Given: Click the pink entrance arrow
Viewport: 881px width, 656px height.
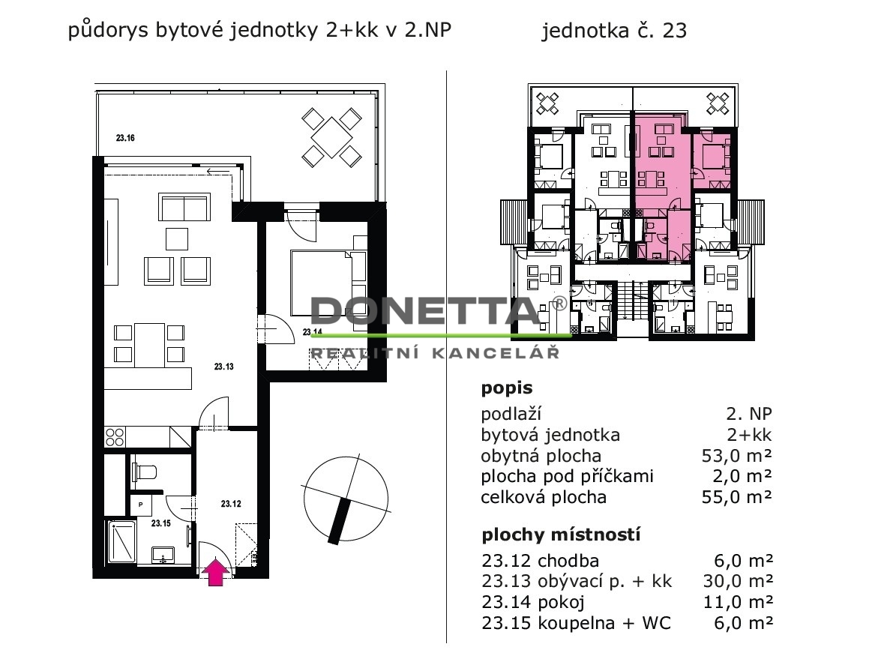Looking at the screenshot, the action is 216,572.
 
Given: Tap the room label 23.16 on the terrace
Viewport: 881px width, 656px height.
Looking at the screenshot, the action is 125,138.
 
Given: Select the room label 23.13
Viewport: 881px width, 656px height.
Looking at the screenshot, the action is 223,367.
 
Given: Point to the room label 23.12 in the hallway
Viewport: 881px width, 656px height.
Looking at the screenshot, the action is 231,504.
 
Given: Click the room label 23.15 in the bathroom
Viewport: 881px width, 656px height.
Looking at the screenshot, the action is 160,523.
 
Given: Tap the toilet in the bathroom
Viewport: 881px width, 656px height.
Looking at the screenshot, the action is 144,472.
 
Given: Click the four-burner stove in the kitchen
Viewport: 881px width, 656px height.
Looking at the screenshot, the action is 115,437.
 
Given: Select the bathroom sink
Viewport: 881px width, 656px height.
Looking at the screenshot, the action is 163,555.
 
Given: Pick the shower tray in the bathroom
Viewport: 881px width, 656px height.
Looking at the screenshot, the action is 121,541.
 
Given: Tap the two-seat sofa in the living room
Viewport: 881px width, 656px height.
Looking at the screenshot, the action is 184,207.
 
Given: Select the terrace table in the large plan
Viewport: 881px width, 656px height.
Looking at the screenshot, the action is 331,138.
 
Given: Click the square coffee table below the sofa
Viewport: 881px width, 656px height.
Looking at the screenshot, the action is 176,238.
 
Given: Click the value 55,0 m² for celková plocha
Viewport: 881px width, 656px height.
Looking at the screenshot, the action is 736,497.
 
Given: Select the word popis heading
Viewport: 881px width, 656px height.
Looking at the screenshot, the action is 507,388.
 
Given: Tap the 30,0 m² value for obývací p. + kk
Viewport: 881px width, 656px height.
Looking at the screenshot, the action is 739,581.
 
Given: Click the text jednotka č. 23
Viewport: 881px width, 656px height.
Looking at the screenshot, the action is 614,31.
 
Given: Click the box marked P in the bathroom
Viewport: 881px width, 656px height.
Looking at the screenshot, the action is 140,505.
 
